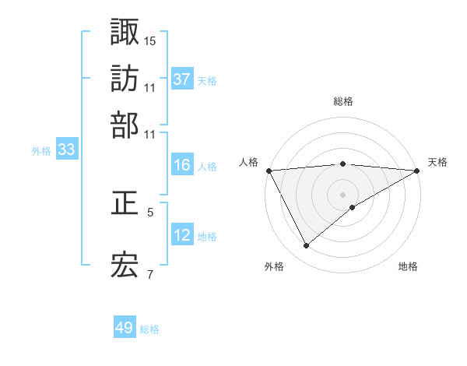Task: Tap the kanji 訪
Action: coord(125,79)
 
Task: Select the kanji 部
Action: coord(125,125)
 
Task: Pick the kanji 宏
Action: coord(125,266)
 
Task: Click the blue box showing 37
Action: coord(181,79)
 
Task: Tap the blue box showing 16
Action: coord(181,165)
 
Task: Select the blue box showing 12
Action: coord(181,235)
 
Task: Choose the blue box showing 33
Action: coord(66,150)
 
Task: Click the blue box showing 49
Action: coord(125,328)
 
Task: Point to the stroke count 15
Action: coord(150,40)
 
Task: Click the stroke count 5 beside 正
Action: coord(150,212)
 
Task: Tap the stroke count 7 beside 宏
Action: coord(150,274)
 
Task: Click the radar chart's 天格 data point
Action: coord(417,171)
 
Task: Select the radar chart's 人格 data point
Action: coord(269,171)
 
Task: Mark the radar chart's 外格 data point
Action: coord(306,246)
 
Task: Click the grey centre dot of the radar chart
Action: coord(343,194)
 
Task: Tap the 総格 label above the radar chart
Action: coord(343,101)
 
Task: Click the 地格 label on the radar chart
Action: coord(408,266)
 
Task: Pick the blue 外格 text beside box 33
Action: coord(41,151)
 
